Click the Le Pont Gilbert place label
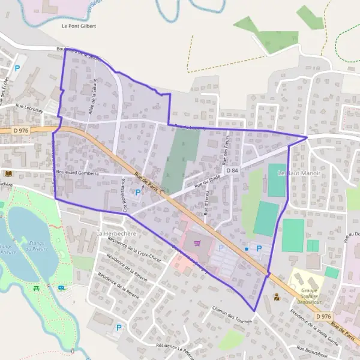[x=79, y=26]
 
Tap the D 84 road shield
[x=232, y=171]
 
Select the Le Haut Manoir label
[x=299, y=173]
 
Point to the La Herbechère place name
[x=116, y=233]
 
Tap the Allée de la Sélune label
[x=95, y=93]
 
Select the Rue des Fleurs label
[x=227, y=154]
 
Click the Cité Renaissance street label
[x=125, y=194]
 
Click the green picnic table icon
[x=38, y=287]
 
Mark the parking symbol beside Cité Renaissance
[x=139, y=193]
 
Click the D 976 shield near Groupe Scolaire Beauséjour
[x=323, y=316]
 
